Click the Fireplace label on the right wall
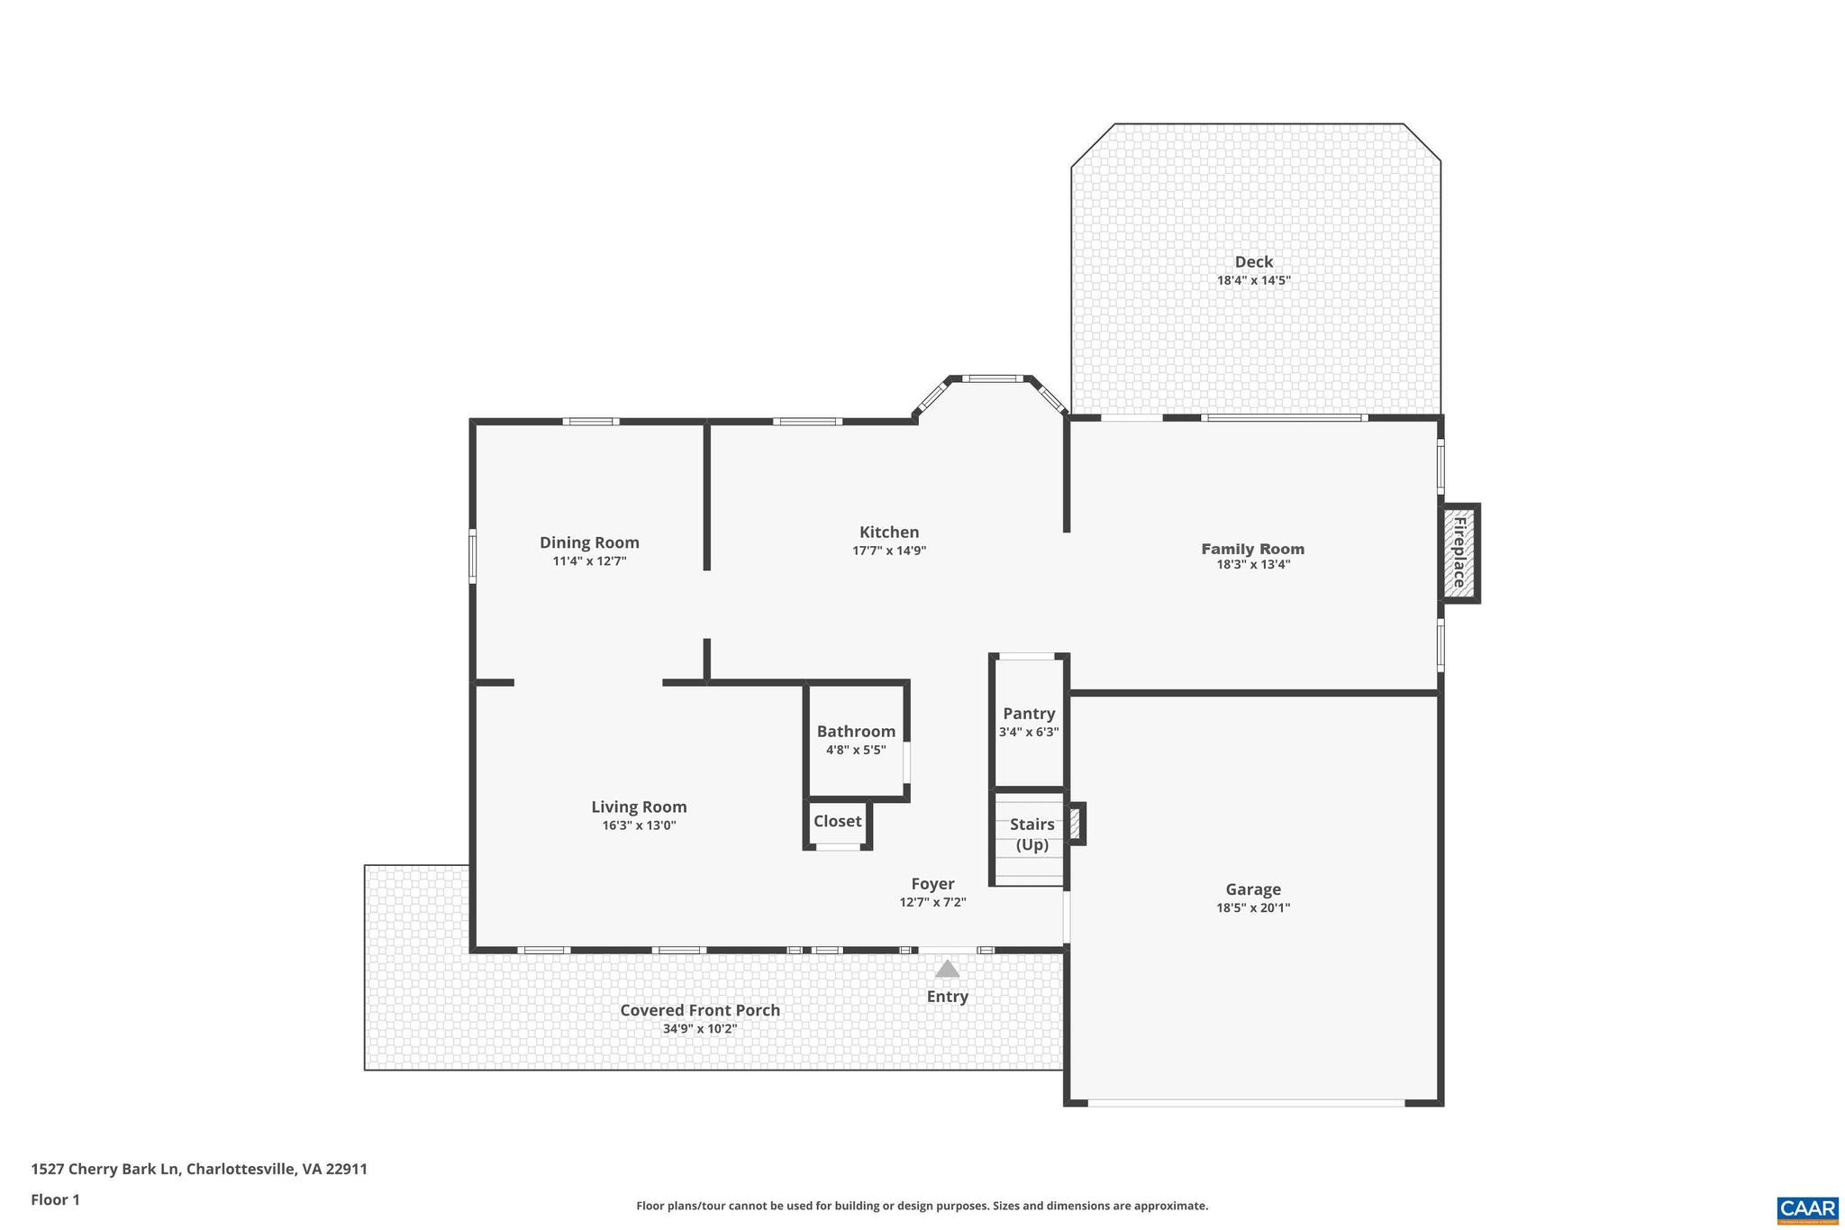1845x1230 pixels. click(x=1459, y=552)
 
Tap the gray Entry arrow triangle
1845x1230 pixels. click(x=947, y=970)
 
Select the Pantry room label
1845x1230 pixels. click(x=1029, y=714)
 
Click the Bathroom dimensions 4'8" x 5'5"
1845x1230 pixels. click(x=856, y=750)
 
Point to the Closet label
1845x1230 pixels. click(x=838, y=821)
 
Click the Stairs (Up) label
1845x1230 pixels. click(x=1032, y=834)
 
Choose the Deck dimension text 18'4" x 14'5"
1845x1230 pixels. click(x=1253, y=280)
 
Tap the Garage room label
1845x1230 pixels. click(x=1252, y=889)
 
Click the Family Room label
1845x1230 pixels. click(x=1252, y=549)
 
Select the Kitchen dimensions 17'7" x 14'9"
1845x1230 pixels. click(x=889, y=551)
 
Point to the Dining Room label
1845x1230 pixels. click(x=589, y=542)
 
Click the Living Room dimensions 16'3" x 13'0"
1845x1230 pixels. click(x=639, y=825)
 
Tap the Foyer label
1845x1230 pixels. click(x=932, y=884)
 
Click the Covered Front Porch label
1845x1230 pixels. click(x=700, y=1010)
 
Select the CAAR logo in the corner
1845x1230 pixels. click(x=1807, y=1209)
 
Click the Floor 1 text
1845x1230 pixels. click(x=56, y=1199)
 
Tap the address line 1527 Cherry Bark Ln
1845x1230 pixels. click(x=199, y=1170)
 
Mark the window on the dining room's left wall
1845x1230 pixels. click(x=472, y=556)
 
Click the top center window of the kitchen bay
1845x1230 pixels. click(x=990, y=378)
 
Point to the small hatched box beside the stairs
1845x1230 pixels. click(x=1075, y=824)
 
